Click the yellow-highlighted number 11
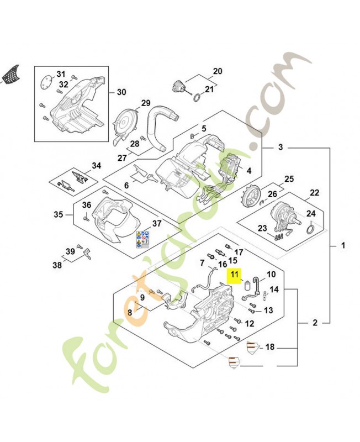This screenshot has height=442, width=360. [235, 273]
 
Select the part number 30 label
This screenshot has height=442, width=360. [121, 92]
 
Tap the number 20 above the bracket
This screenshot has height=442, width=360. [217, 71]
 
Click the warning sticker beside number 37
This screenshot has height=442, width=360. [142, 238]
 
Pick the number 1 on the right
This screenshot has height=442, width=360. [343, 245]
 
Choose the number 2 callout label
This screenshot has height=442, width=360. [315, 322]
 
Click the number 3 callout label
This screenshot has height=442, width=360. [280, 148]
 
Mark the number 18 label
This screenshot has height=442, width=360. [270, 347]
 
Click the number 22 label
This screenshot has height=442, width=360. [314, 193]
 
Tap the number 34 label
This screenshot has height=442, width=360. [97, 166]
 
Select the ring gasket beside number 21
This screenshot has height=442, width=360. [196, 98]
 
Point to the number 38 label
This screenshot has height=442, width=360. [57, 265]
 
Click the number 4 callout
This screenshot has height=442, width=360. [248, 171]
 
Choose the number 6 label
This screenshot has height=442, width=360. [126, 186]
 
